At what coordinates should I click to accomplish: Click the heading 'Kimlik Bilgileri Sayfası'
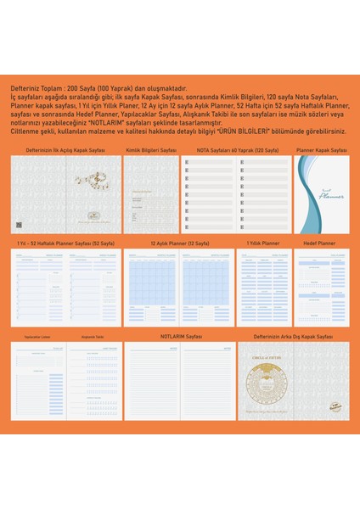point(151,149)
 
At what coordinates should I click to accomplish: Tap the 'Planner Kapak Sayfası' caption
point(322,149)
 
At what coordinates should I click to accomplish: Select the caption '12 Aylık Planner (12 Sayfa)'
point(179,243)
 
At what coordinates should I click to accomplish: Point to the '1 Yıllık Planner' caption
point(262,243)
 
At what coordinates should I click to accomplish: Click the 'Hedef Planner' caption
point(319,243)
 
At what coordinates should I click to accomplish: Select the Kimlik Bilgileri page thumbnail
point(150,193)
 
